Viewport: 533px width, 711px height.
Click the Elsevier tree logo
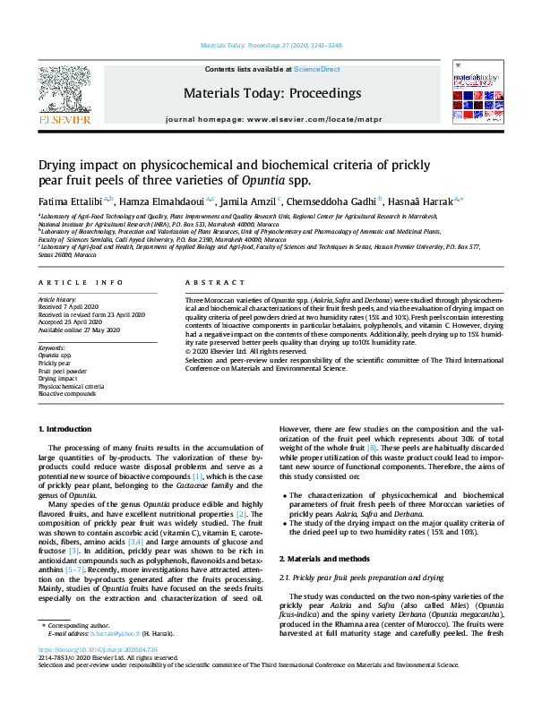point(64,87)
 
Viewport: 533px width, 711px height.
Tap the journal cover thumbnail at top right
point(475,91)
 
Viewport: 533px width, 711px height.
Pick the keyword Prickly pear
point(56,364)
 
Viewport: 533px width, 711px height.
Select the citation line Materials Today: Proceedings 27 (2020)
point(266,43)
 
